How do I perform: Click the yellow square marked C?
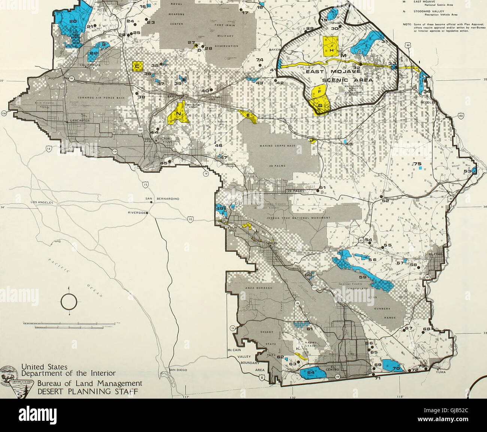click(x=138, y=67)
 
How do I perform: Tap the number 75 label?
click(x=417, y=164)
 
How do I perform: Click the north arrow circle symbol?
click(x=69, y=302)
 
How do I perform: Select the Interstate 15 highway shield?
click(x=145, y=185)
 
